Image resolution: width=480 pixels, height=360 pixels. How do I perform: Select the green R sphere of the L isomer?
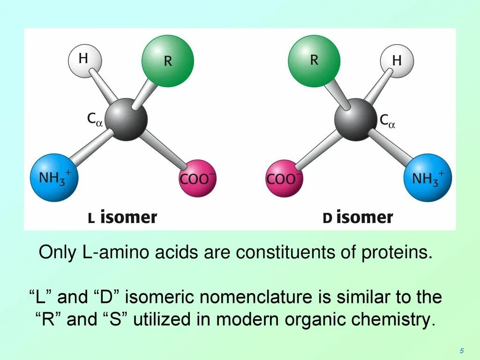(167, 61)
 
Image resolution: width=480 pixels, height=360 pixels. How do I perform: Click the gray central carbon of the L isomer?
(126, 119)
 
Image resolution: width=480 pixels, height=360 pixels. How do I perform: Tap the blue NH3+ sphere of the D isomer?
(427, 178)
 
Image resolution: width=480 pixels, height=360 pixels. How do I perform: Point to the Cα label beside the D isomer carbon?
(387, 121)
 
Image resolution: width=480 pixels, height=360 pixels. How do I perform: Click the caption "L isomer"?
(122, 217)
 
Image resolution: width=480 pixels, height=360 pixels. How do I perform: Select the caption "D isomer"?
(358, 217)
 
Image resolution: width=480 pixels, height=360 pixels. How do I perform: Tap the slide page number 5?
(462, 351)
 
